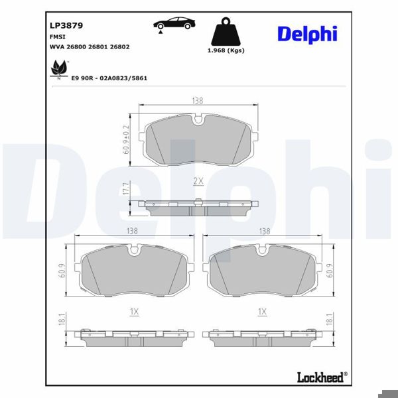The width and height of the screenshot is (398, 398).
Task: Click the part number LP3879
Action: coord(66,26)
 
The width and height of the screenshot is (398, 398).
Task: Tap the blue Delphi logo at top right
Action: coord(307,34)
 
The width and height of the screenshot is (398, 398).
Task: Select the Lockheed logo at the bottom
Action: coord(322,377)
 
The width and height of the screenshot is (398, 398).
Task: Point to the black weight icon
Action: coord(226,31)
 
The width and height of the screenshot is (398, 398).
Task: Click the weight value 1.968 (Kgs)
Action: coord(226,50)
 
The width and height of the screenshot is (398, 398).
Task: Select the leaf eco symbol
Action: coord(60,70)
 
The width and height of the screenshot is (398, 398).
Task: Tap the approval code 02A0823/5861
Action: coord(123,78)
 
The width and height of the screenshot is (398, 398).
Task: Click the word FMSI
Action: coord(57,37)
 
